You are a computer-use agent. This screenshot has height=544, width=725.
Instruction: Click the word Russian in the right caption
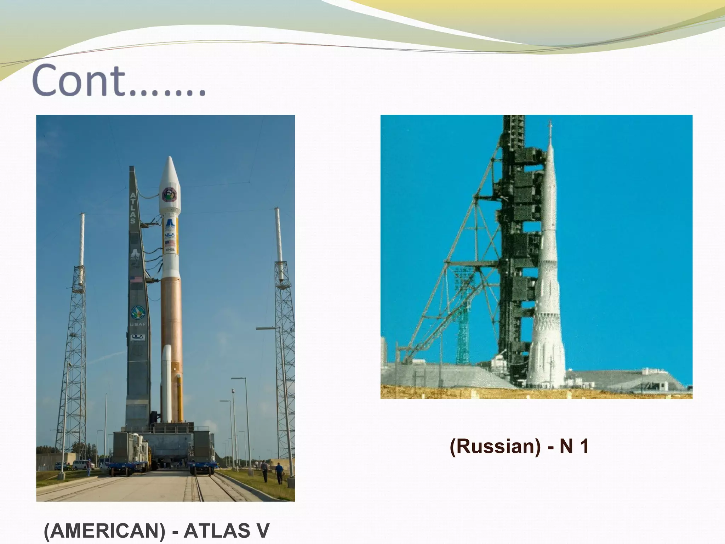pyautogui.click(x=495, y=446)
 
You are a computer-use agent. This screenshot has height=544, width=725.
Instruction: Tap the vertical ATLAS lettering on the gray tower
pyautogui.click(x=133, y=208)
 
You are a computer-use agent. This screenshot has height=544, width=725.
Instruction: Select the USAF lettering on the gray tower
pyautogui.click(x=138, y=324)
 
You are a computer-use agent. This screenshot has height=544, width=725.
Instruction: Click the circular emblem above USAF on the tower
pyautogui.click(x=138, y=312)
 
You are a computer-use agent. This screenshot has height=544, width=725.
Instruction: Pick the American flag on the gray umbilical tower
pyautogui.click(x=137, y=279)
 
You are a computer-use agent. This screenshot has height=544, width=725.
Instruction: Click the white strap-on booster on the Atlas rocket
pyautogui.click(x=166, y=382)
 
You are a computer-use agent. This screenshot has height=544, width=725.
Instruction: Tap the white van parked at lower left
pyautogui.click(x=83, y=464)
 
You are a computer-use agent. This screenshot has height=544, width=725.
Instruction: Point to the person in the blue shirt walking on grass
pyautogui.click(x=279, y=472)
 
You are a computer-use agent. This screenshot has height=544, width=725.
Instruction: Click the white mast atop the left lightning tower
pyautogui.click(x=82, y=239)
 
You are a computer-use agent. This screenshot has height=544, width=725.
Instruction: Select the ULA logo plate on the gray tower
pyautogui.click(x=137, y=337)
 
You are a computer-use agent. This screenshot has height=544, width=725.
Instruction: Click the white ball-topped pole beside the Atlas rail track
pyautogui.click(x=233, y=425)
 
